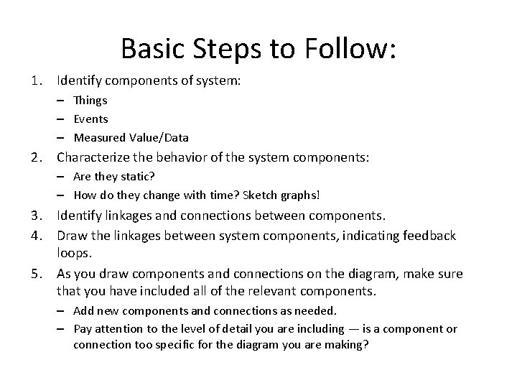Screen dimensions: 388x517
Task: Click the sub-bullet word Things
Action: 90,101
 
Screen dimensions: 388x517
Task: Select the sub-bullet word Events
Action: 91,119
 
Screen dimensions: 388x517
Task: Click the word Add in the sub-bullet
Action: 83,310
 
